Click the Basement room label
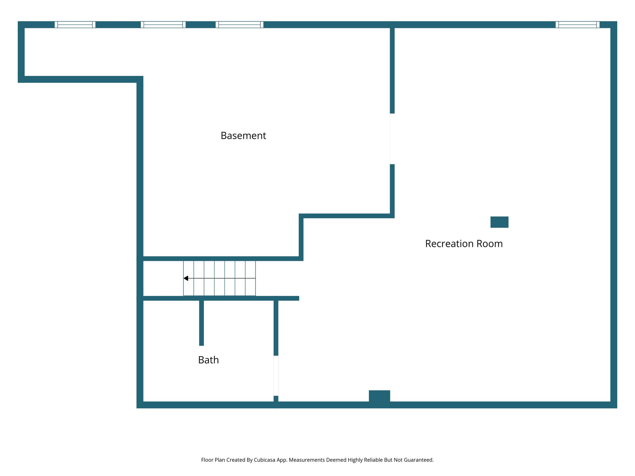[x=243, y=136]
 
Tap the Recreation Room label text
[x=464, y=244]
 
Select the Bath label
[x=208, y=360]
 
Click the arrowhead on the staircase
[x=186, y=278]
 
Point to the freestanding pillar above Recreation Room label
[x=499, y=222]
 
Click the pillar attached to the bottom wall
[x=379, y=396]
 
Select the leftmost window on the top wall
[x=75, y=24]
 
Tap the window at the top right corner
[x=577, y=24]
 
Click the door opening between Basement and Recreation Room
[x=392, y=139]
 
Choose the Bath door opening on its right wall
[x=276, y=376]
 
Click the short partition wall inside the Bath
[x=202, y=322]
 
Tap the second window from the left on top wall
[x=163, y=24]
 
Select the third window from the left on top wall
[x=239, y=24]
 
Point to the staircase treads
[x=220, y=278]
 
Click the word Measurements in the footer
[x=307, y=460]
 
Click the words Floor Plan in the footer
[x=213, y=460]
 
